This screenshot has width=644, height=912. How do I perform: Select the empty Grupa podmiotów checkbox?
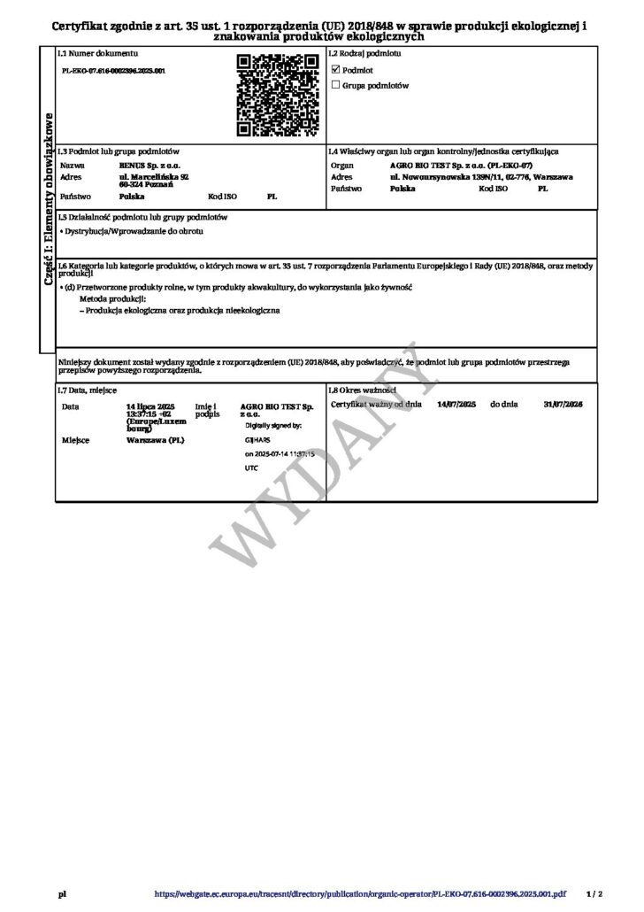pyautogui.click(x=335, y=85)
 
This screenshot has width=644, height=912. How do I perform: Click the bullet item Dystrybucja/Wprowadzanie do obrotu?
pyautogui.click(x=135, y=230)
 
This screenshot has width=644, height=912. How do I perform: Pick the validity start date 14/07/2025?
pyautogui.click(x=457, y=403)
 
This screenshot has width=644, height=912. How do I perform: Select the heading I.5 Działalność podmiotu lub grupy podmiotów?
pyautogui.click(x=143, y=217)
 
